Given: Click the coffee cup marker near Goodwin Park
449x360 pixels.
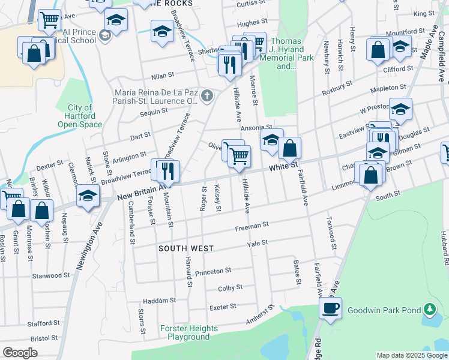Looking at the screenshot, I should [x=330, y=308].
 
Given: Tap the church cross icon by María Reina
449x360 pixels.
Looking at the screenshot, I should [x=207, y=95].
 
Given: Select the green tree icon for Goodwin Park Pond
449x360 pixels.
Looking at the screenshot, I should [x=429, y=310].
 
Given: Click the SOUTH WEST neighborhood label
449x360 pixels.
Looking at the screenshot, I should [x=185, y=248].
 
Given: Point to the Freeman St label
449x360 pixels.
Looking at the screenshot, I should [x=252, y=226].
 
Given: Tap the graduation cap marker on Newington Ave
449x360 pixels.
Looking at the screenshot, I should [x=88, y=196].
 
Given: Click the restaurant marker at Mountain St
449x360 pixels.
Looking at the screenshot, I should [x=169, y=171].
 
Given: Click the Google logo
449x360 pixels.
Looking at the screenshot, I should [x=20, y=353].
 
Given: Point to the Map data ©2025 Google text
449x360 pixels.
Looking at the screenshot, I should [x=411, y=355].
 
